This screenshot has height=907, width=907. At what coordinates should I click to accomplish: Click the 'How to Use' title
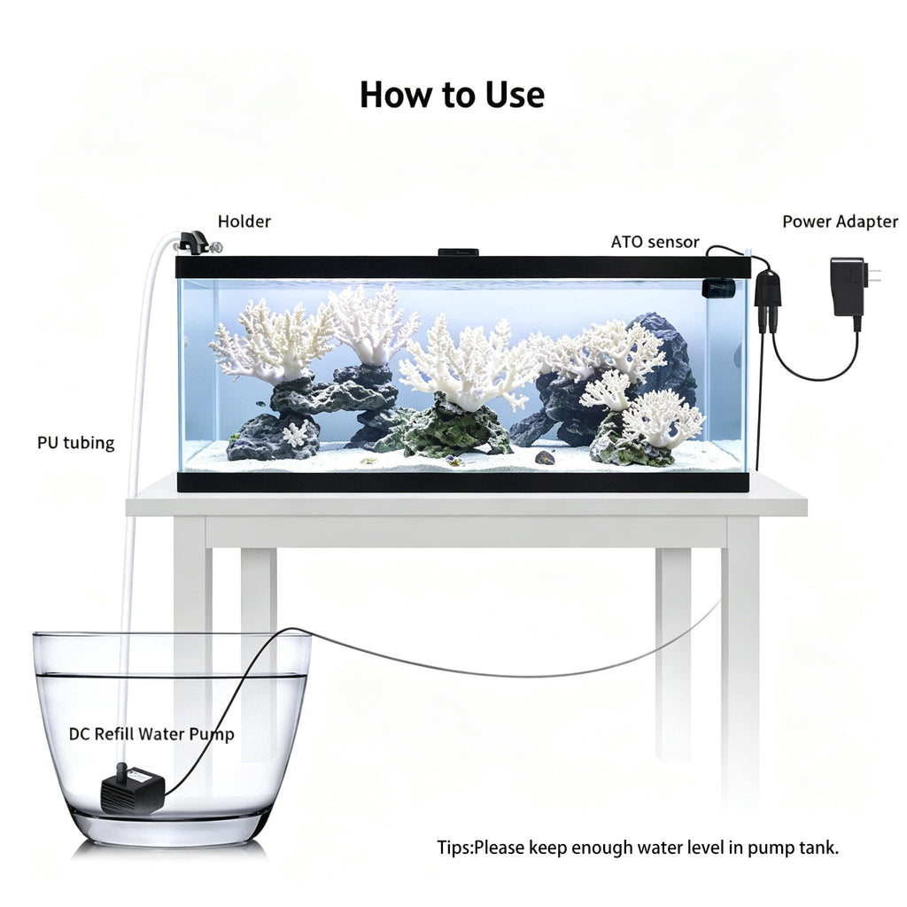452,95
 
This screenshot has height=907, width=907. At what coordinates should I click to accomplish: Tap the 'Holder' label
244,221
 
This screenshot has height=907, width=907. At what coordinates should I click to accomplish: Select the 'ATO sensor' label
655,242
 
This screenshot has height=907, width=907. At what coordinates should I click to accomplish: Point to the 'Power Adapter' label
840,221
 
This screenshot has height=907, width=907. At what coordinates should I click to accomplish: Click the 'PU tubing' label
76,443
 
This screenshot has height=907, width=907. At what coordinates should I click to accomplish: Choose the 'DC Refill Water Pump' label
151,734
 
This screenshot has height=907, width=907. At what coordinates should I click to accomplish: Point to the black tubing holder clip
193,241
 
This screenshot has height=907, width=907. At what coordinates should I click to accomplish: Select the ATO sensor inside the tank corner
718,288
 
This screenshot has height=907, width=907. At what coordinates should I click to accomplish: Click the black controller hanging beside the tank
768,295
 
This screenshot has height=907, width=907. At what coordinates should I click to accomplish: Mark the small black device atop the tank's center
458,252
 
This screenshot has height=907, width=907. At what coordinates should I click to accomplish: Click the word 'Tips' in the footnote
454,848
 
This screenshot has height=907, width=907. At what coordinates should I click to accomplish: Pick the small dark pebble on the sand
545,458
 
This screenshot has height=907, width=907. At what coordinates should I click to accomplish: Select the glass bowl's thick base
167,828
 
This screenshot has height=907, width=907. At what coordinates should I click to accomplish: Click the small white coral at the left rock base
296,433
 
